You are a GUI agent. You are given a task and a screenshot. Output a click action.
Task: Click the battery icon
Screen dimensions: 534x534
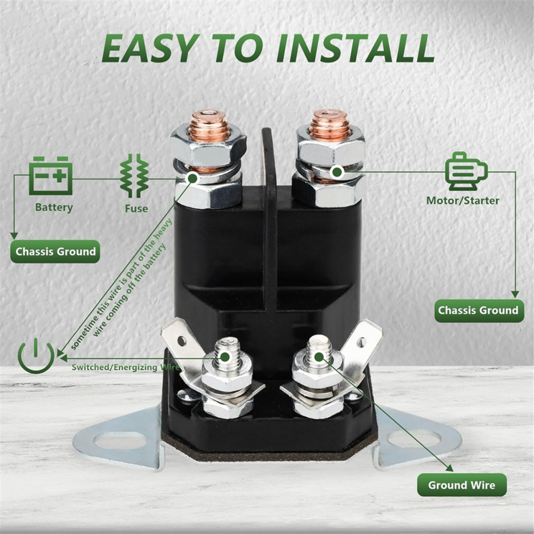coord(51,176)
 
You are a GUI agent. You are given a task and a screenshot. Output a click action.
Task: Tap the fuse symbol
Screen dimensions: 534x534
coord(134,176)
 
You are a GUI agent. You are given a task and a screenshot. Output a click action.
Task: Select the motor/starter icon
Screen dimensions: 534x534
coord(466,171)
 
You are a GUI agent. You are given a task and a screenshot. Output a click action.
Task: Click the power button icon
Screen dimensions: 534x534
coord(36,356)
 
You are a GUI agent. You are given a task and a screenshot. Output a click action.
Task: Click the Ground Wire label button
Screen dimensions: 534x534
coord(462,485)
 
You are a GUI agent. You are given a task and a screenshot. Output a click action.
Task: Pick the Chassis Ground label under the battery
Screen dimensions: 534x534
coord(55,252)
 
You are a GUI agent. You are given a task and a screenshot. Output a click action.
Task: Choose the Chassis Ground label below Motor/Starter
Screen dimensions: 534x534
coord(479,311)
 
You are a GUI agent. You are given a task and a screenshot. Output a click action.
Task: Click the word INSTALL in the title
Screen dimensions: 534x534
coord(355,48)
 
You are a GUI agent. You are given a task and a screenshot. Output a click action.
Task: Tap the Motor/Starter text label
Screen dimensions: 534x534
coord(463,201)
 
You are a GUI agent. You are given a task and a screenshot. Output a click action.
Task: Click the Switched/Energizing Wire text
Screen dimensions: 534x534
coord(125,367)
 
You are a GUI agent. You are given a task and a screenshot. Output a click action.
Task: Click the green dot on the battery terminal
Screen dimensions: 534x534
coord(193,178)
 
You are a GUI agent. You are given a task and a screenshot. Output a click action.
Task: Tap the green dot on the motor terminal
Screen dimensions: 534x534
coord(337,172)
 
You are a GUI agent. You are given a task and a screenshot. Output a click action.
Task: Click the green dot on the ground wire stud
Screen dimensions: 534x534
coord(319,357)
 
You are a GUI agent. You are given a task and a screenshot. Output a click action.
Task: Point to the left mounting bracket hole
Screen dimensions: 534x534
coord(120,441)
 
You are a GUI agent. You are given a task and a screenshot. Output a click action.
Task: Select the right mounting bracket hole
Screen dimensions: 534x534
coord(413,439)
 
